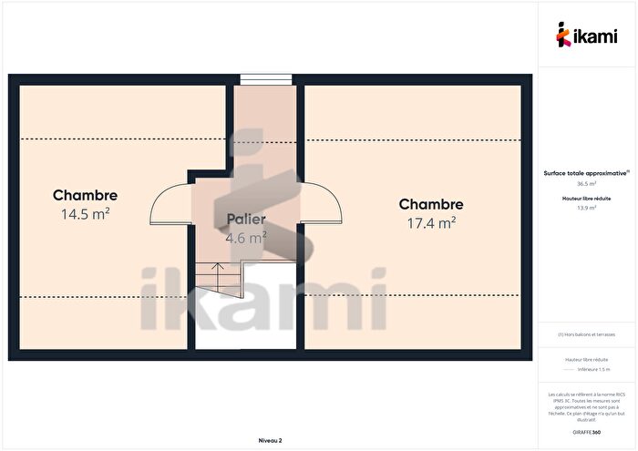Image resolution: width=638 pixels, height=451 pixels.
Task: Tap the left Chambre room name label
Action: (x=85, y=195)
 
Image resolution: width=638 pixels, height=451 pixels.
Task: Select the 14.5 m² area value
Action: (x=85, y=214)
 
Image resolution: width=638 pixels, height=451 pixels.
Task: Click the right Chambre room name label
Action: (x=430, y=205)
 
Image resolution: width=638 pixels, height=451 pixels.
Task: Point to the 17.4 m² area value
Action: (x=430, y=222)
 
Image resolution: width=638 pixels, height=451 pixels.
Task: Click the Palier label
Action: (x=246, y=220)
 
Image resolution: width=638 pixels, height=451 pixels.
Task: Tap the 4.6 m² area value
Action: (x=246, y=237)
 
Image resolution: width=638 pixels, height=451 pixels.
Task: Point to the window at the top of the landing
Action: (x=265, y=78)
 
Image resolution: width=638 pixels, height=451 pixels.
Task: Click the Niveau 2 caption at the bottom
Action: (x=270, y=440)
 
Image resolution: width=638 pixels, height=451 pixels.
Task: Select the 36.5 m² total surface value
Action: (x=586, y=183)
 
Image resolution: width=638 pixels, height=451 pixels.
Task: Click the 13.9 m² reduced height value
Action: (x=586, y=208)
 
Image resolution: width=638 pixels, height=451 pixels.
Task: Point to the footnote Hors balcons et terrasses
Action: (x=586, y=334)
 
